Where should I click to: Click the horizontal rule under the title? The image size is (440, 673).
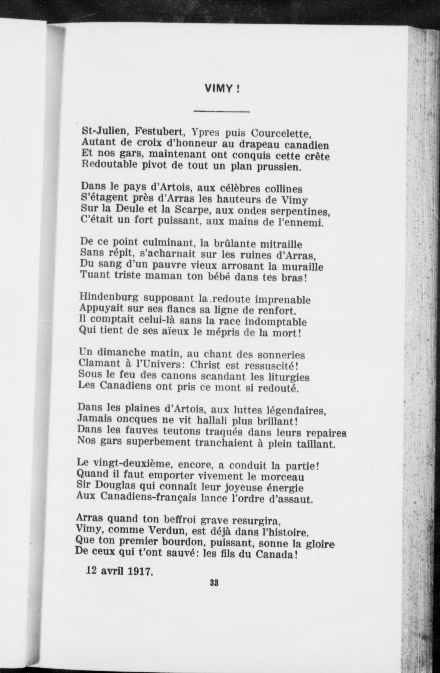click(222, 112)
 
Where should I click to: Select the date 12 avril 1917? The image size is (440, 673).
click(119, 571)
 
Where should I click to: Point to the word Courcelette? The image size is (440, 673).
click(281, 133)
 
